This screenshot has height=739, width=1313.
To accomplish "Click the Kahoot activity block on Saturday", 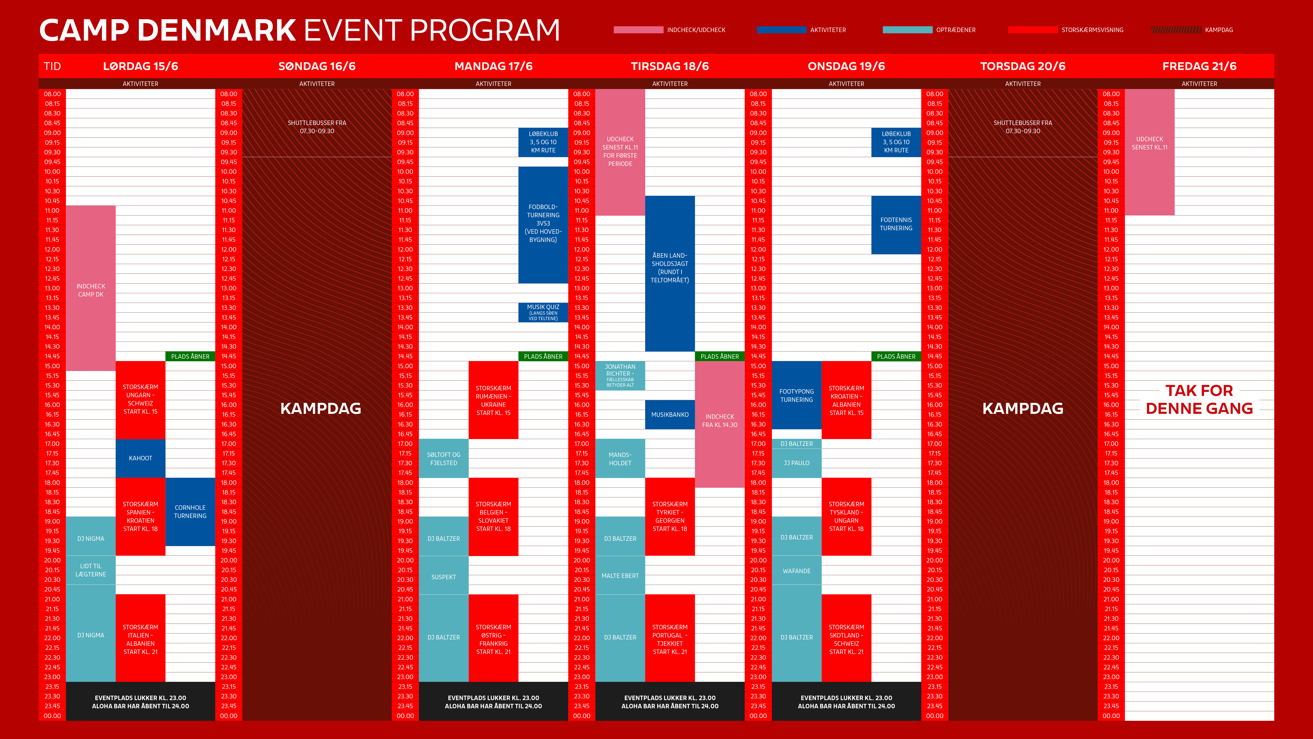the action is pos(140,458).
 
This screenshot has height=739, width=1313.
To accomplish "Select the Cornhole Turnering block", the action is pos(190,512).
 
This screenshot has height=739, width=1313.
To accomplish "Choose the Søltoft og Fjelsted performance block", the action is pos(443,459).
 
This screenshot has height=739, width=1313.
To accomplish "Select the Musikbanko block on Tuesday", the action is pos(670,415).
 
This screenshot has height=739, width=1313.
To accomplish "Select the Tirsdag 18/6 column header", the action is pos(670,66).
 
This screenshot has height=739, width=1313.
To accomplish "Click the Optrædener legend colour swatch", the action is pos(907,30).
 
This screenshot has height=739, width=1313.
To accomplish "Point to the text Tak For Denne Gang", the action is pos(1199,399).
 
